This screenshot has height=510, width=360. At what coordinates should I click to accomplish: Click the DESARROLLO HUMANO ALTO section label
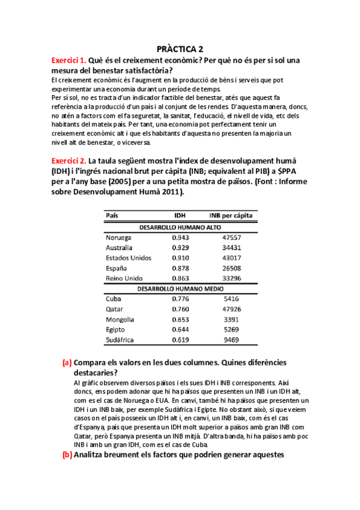(x=180, y=227)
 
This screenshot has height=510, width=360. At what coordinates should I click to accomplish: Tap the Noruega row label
(x=120, y=238)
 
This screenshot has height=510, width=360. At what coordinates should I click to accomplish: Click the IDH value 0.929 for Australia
(x=180, y=248)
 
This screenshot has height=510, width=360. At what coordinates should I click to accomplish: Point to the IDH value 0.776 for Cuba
(x=180, y=299)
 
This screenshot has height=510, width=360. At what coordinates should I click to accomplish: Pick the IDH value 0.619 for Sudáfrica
(x=180, y=340)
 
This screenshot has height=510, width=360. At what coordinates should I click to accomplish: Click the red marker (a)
(x=67, y=363)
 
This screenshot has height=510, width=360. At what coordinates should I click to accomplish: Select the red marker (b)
(x=67, y=455)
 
